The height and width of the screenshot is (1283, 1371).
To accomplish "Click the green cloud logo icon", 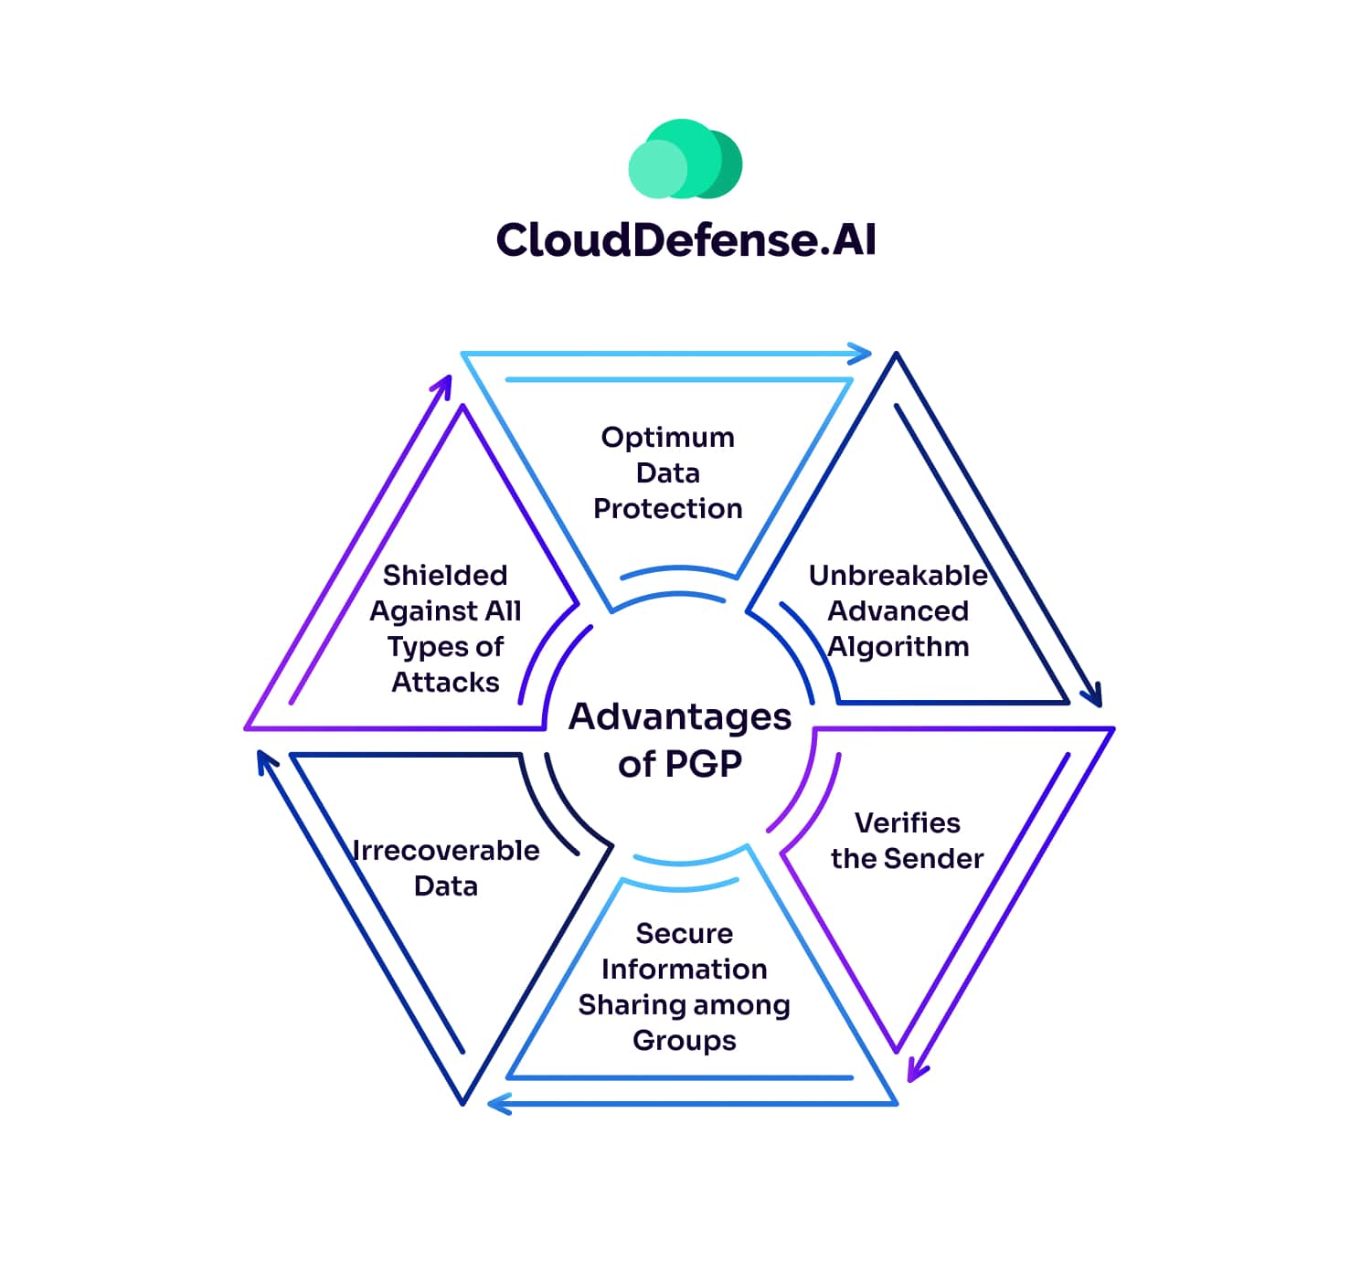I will [x=685, y=160].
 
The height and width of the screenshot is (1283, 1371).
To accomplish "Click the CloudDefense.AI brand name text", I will [x=685, y=240].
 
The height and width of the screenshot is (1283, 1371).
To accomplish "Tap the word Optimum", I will [x=667, y=438].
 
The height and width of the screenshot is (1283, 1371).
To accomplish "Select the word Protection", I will [x=667, y=509].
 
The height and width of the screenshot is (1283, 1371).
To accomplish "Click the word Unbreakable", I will [x=898, y=576].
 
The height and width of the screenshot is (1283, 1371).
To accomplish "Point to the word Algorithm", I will [x=898, y=647].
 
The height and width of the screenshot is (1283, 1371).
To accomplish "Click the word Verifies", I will [x=907, y=823].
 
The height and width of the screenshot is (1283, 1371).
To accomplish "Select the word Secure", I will [x=684, y=934].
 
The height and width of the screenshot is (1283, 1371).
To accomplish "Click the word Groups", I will [x=684, y=1041].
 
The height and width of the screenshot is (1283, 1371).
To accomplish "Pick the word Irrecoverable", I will [x=446, y=851].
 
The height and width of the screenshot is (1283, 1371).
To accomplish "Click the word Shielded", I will [x=445, y=576].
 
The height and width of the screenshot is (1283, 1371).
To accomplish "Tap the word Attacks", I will [x=445, y=683].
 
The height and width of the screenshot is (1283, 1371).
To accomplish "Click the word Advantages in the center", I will [x=680, y=717].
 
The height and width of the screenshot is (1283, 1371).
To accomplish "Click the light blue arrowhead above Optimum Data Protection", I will [x=860, y=354].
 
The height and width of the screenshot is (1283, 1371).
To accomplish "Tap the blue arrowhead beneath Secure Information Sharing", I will [x=499, y=1105].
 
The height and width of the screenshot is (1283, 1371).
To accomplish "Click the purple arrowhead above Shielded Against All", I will [x=443, y=385].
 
